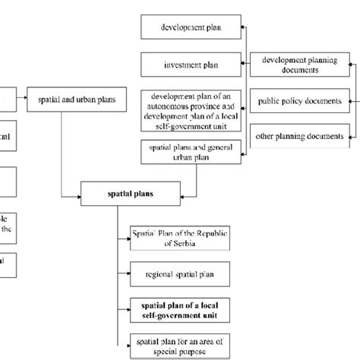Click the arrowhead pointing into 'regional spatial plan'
coord(126,272)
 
